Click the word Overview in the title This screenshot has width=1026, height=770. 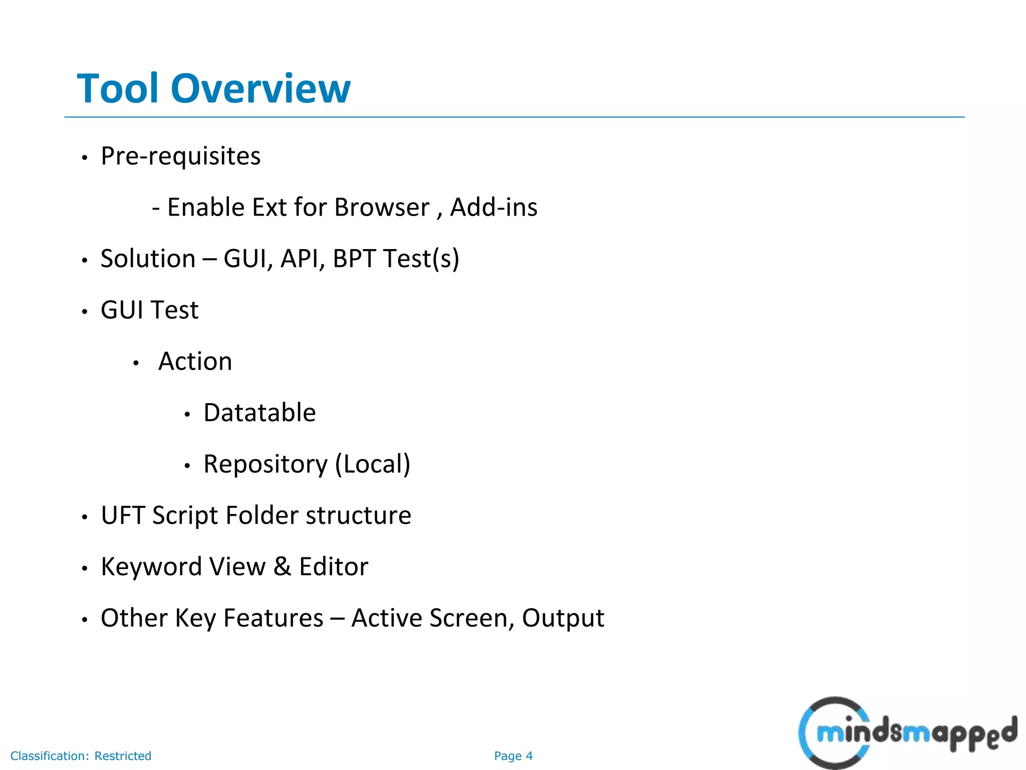coord(261,89)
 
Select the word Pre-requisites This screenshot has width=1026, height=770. coord(180,156)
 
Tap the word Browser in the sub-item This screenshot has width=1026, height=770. coord(382,208)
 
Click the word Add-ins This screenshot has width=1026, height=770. coord(493,208)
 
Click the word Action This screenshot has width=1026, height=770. coord(195,361)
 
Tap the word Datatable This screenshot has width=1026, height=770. coord(260,413)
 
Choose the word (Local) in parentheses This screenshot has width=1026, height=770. coord(373,464)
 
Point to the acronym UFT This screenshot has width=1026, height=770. coord(122,515)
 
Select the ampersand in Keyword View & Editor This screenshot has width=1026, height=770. coord(282,567)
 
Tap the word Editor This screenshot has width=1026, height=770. coord(334,567)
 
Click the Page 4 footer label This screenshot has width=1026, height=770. coord(513,756)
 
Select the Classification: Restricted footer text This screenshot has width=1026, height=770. coord(81,756)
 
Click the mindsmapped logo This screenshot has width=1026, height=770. coord(907,733)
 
